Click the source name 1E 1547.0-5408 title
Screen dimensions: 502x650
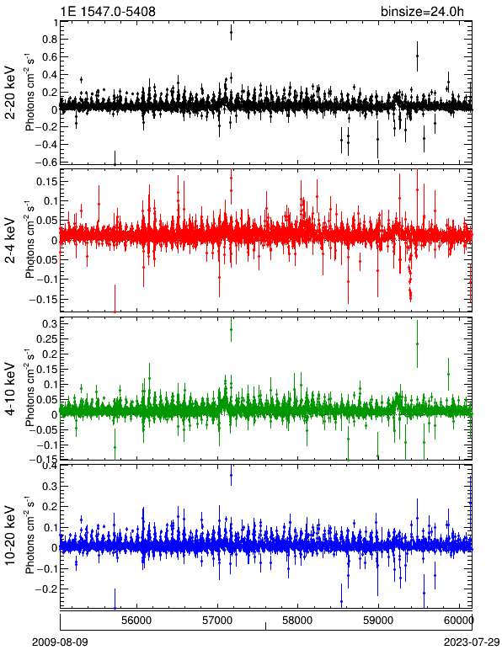pyautogui.click(x=108, y=11)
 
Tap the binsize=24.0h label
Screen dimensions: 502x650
pyautogui.click(x=422, y=12)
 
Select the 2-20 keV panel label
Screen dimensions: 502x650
pyautogui.click(x=10, y=93)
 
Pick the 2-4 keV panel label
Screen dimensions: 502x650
pyautogui.click(x=10, y=241)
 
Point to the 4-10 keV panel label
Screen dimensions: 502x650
pyautogui.click(x=10, y=388)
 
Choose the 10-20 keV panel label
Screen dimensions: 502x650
pyautogui.click(x=10, y=535)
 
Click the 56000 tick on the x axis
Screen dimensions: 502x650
pyautogui.click(x=137, y=621)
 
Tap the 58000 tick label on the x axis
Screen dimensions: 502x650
pyautogui.click(x=297, y=621)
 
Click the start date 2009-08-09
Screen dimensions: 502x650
pyautogui.click(x=60, y=642)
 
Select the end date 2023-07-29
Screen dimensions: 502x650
pyautogui.click(x=472, y=642)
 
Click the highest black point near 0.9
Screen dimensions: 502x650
pyautogui.click(x=232, y=32)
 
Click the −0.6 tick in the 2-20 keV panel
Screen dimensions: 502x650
pyautogui.click(x=46, y=162)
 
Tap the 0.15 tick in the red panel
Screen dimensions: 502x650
pyautogui.click(x=46, y=182)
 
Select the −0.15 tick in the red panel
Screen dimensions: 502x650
pyautogui.click(x=44, y=299)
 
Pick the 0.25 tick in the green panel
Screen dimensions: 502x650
pyautogui.click(x=46, y=338)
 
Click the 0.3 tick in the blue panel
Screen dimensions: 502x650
pyautogui.click(x=50, y=486)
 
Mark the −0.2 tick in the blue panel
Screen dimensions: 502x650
pyautogui.click(x=46, y=589)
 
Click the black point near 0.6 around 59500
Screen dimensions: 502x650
pyautogui.click(x=418, y=56)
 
